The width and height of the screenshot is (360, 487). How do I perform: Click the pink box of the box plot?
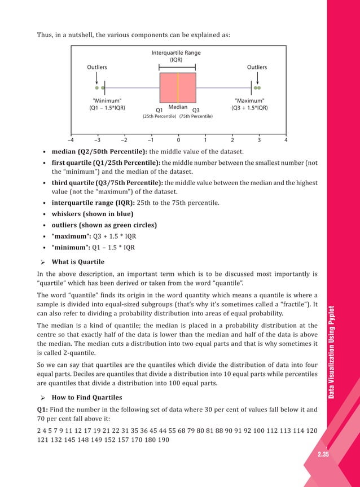click(169, 87)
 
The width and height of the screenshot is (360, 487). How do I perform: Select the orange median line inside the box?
click(178, 87)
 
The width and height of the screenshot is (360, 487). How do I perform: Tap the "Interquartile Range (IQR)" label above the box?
click(176, 56)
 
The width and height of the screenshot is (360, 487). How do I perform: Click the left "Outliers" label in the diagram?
click(96, 67)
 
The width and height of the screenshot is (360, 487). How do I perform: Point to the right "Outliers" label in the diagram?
click(257, 67)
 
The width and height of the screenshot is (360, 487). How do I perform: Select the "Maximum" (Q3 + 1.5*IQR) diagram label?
click(249, 104)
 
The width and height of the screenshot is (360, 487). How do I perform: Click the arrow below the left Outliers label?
click(97, 78)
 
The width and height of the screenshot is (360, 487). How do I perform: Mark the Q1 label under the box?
click(159, 109)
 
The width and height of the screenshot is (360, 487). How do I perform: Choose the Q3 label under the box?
click(196, 109)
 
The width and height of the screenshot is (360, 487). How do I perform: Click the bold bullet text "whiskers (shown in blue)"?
click(93, 214)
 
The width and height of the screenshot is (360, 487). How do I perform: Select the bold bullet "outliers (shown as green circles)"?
click(104, 225)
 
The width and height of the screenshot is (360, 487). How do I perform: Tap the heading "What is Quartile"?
click(77, 262)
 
